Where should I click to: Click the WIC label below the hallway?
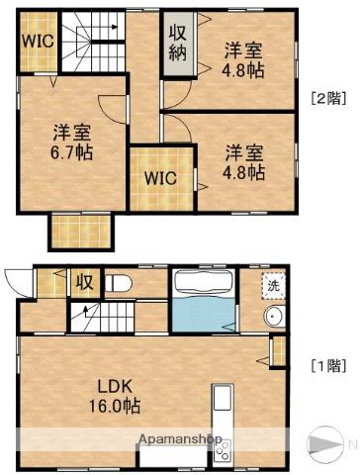(159, 179)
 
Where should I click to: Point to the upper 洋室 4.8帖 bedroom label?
(243, 59)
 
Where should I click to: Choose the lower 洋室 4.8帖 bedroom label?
(243, 162)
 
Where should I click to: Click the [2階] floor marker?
(328, 97)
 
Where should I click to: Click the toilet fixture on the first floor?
(120, 283)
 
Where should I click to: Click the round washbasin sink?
(273, 317)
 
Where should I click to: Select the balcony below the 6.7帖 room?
(81, 232)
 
